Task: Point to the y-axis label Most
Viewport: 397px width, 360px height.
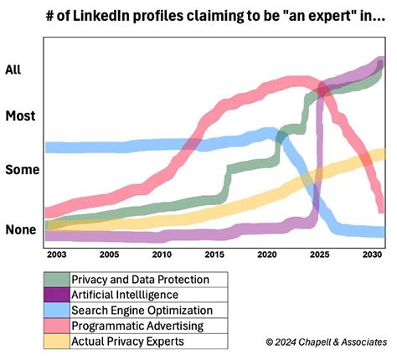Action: pyautogui.click(x=20, y=116)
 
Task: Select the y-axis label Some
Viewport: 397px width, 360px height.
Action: pyautogui.click(x=22, y=169)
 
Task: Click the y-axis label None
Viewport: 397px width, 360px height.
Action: pyautogui.click(x=21, y=229)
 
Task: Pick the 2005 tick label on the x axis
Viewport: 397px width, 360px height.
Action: pyautogui.click(x=109, y=253)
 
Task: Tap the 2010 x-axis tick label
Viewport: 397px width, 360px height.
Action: pyautogui.click(x=162, y=253)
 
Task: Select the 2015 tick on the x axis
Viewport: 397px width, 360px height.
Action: pyautogui.click(x=214, y=253)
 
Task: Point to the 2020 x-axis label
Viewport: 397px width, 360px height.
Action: pyautogui.click(x=267, y=253)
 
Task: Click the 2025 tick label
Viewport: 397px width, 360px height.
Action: pyautogui.click(x=319, y=253)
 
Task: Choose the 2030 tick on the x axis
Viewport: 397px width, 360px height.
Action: pyautogui.click(x=372, y=253)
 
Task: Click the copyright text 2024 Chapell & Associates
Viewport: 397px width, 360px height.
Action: pyautogui.click(x=327, y=342)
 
